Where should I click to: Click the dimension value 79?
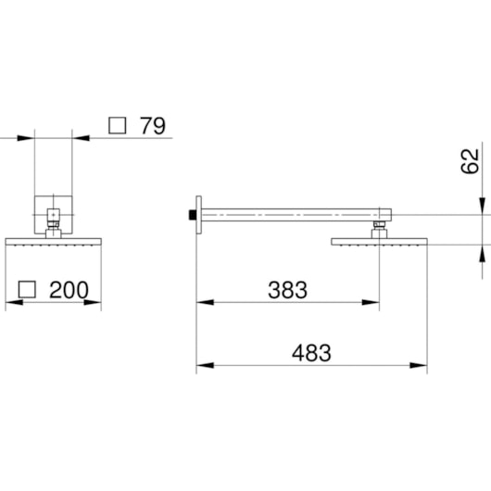pyautogui.click(x=153, y=126)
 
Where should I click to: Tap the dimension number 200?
pyautogui.click(x=69, y=290)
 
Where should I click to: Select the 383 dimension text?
pyautogui.click(x=287, y=290)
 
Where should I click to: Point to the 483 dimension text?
pyautogui.click(x=311, y=353)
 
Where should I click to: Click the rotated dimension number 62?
pyautogui.click(x=470, y=161)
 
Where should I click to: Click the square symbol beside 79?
pyautogui.click(x=118, y=126)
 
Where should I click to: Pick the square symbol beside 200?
pyautogui.click(x=27, y=290)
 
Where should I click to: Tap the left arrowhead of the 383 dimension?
pyautogui.click(x=205, y=303)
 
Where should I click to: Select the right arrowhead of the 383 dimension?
pyautogui.click(x=371, y=303)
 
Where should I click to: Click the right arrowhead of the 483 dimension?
pyautogui.click(x=419, y=365)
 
